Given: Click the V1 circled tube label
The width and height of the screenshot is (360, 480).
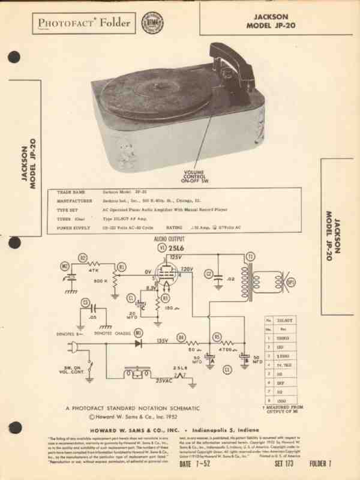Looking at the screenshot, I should pyautogui.click(x=161, y=248).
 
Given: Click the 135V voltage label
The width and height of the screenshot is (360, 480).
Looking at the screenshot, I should pyautogui.click(x=162, y=340).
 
